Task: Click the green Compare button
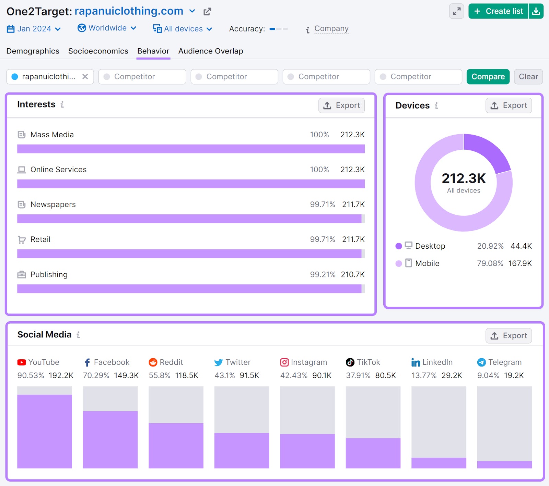(x=488, y=77)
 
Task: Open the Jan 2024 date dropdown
(x=34, y=29)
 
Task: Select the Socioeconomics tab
(x=98, y=51)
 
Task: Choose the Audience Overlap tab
(x=210, y=51)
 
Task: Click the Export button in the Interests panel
(x=341, y=105)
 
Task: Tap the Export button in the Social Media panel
(x=509, y=336)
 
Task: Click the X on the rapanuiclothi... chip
(x=85, y=77)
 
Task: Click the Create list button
(x=498, y=11)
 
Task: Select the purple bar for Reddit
(x=176, y=445)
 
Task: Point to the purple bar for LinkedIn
(x=439, y=463)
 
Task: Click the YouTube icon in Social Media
(x=22, y=362)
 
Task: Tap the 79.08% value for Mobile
(x=490, y=263)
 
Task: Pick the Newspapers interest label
(x=53, y=204)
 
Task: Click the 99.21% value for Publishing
(x=322, y=275)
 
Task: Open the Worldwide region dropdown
(x=107, y=28)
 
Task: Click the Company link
(x=331, y=29)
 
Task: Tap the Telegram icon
(x=481, y=362)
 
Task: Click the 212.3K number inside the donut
(x=464, y=178)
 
